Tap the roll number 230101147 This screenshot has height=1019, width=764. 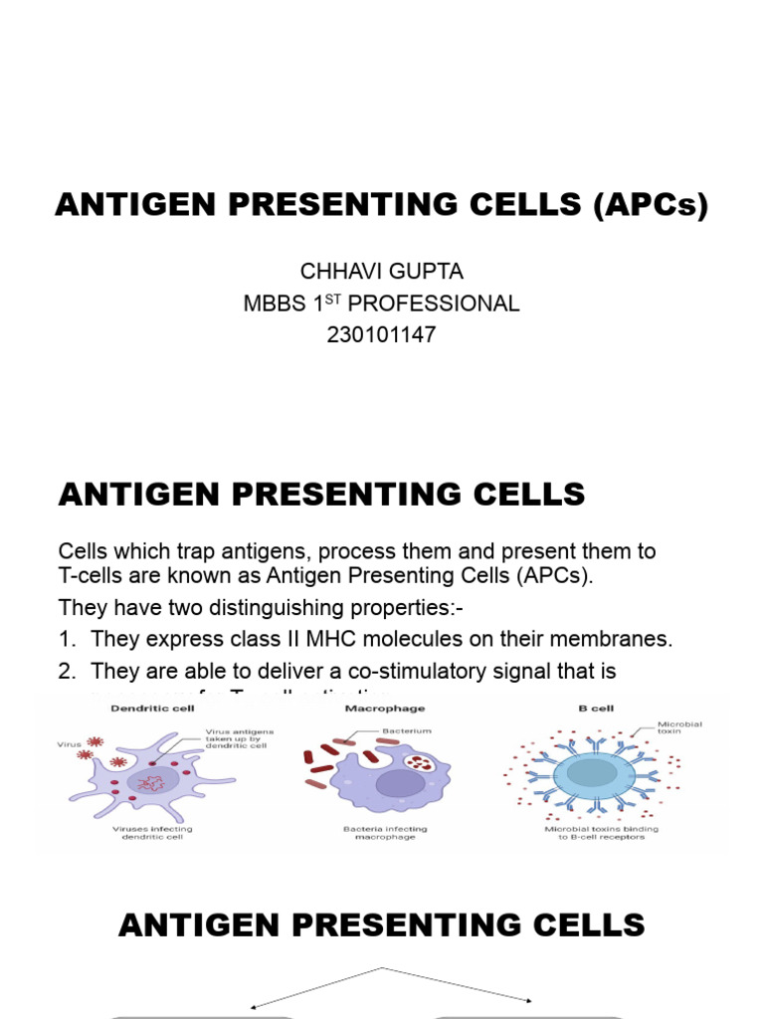[x=381, y=335]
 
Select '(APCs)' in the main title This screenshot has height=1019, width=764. [x=650, y=205]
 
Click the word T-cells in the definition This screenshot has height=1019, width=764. [x=88, y=579]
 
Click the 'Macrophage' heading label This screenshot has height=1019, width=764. [x=385, y=709]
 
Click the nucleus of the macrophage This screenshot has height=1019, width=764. [x=400, y=783]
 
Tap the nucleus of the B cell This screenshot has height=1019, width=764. [x=593, y=772]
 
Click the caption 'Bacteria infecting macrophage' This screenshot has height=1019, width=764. [x=385, y=833]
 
